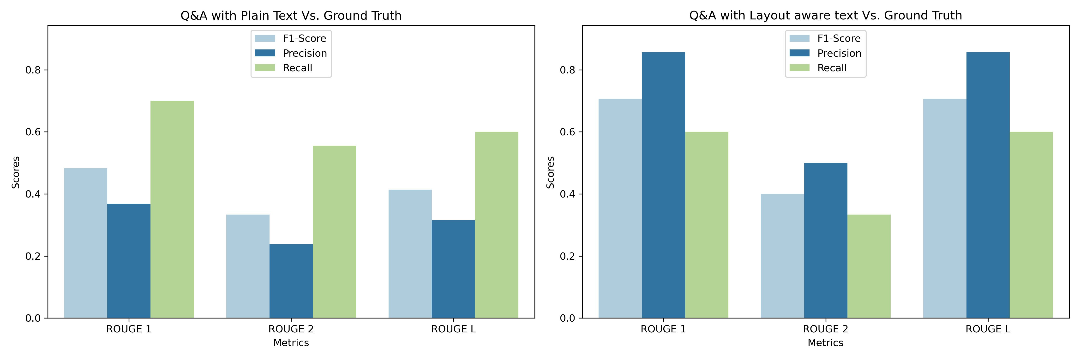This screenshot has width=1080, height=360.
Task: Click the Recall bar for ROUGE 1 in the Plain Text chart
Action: [x=172, y=210]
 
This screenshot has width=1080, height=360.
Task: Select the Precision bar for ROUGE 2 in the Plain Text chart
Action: [x=291, y=281]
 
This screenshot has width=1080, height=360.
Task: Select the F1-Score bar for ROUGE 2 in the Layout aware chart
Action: [x=782, y=256]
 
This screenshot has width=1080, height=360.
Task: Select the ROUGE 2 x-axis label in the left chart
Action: [x=291, y=329]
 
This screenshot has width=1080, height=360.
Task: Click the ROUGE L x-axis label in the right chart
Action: [x=988, y=329]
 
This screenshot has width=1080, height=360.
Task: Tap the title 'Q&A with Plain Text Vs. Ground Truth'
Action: [x=291, y=16]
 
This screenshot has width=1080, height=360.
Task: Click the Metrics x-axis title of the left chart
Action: [x=291, y=342]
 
